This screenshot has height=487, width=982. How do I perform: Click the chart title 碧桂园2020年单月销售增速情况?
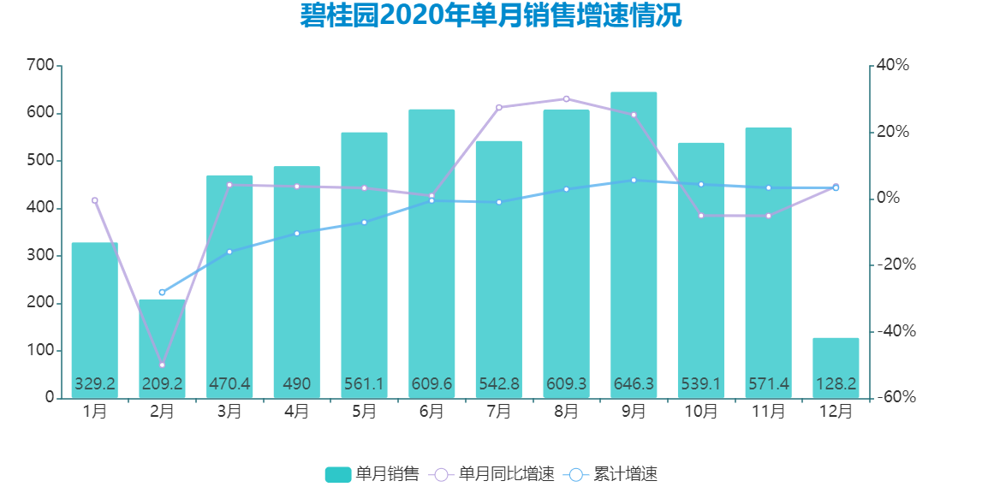pos(491,16)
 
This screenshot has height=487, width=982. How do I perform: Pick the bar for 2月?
pos(162,342)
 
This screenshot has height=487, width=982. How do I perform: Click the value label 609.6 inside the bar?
pos(431,384)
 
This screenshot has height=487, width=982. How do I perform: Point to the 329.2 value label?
pos(95,384)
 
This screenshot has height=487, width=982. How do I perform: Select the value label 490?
pos(297,384)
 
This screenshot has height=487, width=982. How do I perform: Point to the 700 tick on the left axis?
pos(40,66)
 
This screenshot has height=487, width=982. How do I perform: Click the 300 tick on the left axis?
pos(40,256)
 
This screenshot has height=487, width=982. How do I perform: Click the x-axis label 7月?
pos(499,412)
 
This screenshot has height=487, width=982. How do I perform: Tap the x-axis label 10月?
pos(701,412)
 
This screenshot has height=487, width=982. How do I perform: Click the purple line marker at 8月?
pos(566,99)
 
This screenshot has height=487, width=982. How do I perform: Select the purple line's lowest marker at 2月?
pos(162,365)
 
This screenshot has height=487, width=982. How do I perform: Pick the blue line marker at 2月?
pos(162,293)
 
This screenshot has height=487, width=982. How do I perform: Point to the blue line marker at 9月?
pos(634,181)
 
